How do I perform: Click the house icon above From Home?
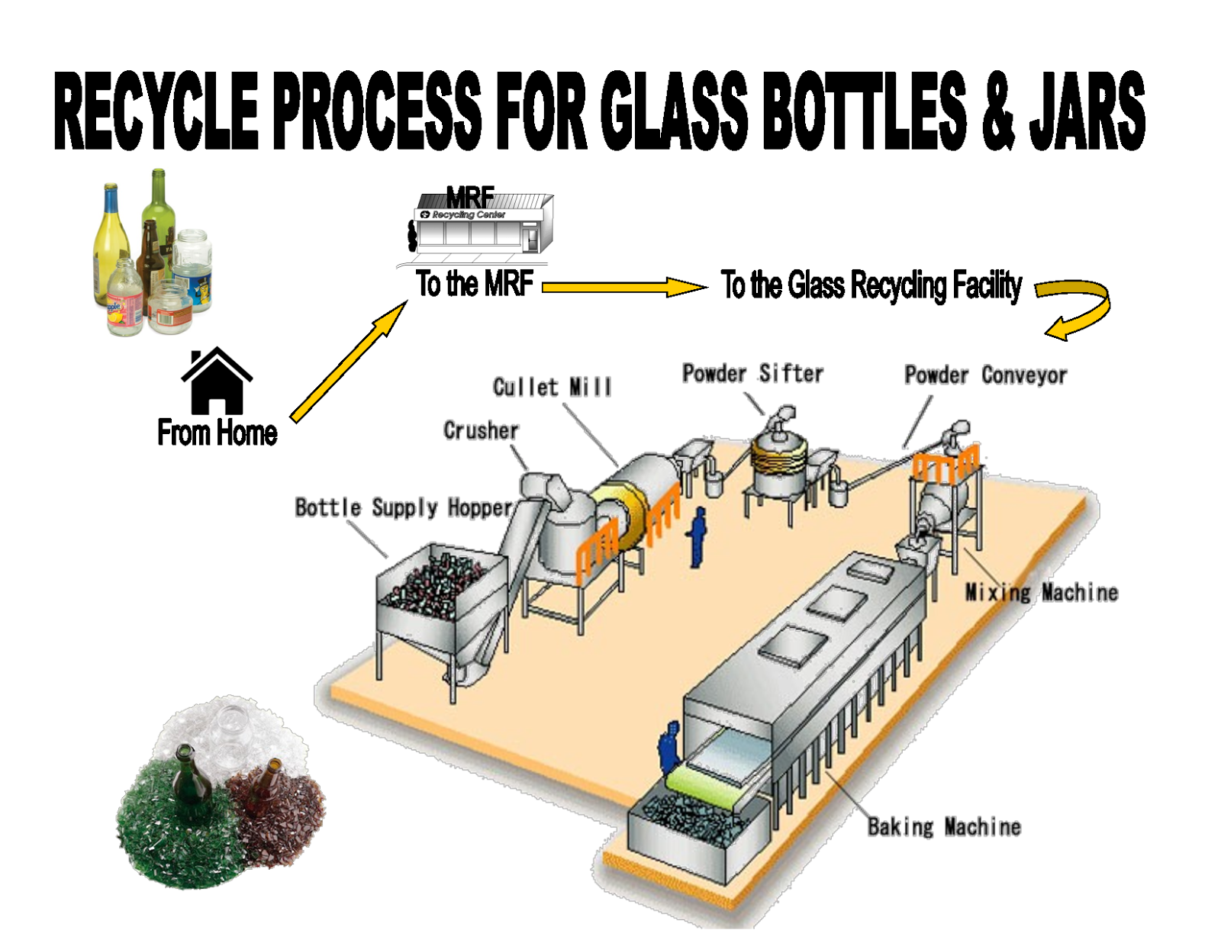click(217, 381)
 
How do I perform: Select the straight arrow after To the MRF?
click(623, 287)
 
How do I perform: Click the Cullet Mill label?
click(552, 387)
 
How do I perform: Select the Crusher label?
click(481, 430)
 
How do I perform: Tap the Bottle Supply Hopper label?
click(404, 507)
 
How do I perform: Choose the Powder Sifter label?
click(752, 373)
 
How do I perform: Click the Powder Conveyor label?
click(985, 375)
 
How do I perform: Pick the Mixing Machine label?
click(1041, 592)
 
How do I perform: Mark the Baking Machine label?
click(944, 826)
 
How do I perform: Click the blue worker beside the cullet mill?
click(697, 537)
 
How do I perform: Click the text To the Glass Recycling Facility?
click(871, 285)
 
